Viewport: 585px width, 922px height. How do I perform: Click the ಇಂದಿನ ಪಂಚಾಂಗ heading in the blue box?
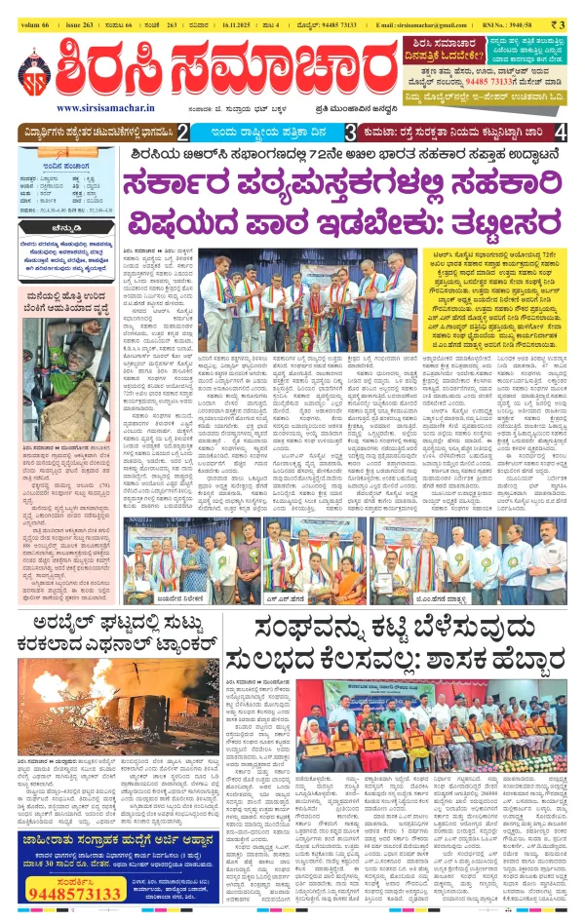(61, 167)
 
